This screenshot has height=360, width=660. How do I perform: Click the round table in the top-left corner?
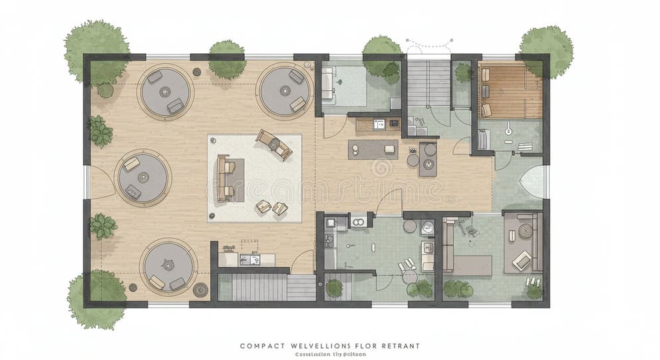[166, 91]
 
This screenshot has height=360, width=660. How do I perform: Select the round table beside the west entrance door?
[142, 178]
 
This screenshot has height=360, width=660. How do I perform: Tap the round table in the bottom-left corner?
[168, 266]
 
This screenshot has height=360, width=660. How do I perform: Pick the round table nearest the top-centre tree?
[285, 91]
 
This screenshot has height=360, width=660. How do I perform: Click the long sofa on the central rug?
[225, 178]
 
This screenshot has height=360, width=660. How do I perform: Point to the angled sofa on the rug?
[273, 144]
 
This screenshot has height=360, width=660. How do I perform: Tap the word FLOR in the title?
[365, 346]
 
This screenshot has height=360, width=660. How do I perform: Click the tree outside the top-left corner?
[94, 47]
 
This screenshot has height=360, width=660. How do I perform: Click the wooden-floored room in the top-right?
[510, 91]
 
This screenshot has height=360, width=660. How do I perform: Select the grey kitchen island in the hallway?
[372, 149]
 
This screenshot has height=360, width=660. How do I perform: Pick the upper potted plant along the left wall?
[100, 131]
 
